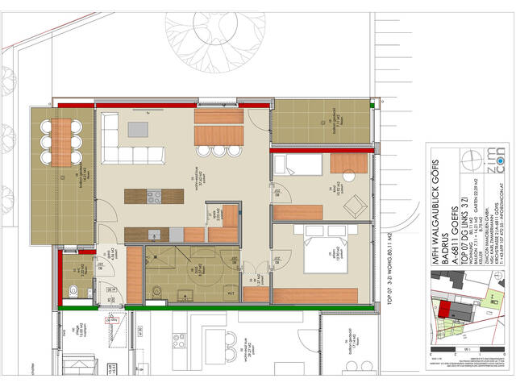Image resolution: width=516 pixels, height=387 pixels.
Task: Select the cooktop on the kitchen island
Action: coord(154,195)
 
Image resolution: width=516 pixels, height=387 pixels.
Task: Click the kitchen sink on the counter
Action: coord(154,234)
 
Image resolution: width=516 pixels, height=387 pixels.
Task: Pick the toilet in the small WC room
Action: coord(73,291)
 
